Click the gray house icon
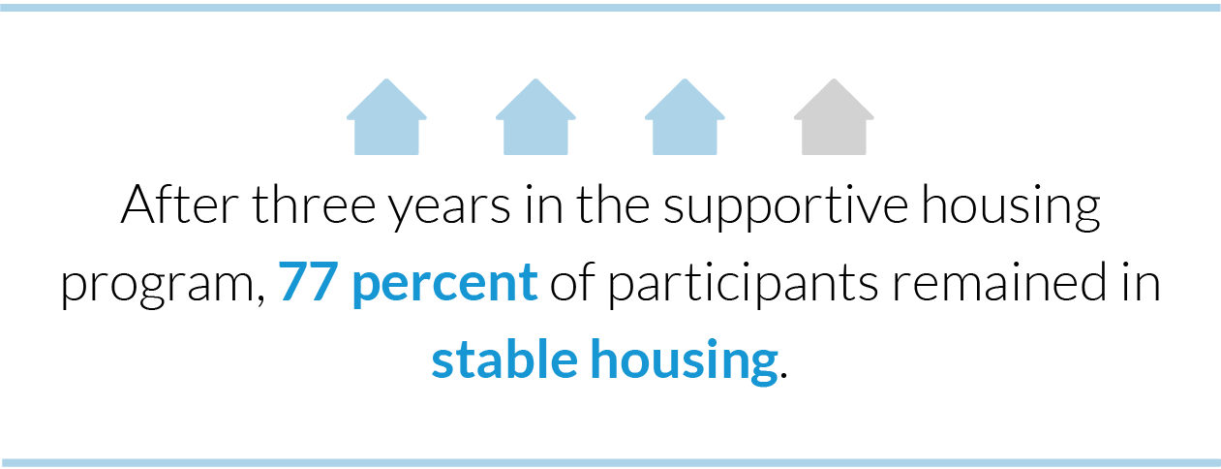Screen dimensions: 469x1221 coord(834,119)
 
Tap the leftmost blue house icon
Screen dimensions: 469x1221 coord(386,119)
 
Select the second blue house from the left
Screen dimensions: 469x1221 coord(535,119)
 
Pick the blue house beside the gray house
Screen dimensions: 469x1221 coord(685,119)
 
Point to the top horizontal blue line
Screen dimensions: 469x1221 coord(610,8)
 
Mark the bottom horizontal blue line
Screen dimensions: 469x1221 coord(610,462)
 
